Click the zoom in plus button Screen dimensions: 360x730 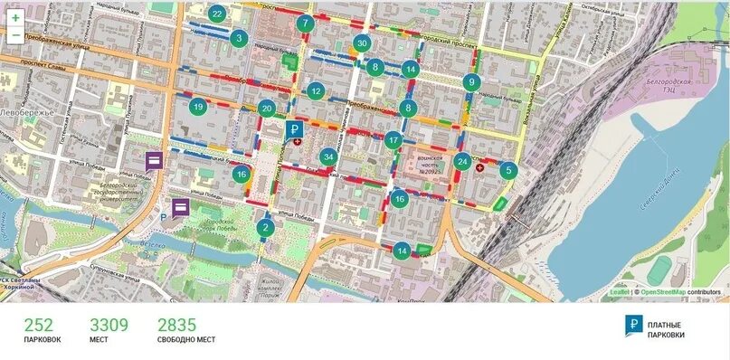[x=15, y=17]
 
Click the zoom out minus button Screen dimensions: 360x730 [x=15, y=35]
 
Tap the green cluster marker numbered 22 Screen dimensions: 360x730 [x=217, y=14]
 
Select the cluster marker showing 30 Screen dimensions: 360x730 [x=362, y=43]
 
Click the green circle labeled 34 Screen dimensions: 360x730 [x=328, y=156]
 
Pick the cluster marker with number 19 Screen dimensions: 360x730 [x=198, y=107]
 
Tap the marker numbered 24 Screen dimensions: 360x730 [x=462, y=163]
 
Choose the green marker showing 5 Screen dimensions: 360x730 [x=507, y=169]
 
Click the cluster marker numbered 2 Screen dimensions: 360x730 [x=265, y=227]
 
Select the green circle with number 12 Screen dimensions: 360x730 [x=315, y=90]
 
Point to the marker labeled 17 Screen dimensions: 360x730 [x=393, y=140]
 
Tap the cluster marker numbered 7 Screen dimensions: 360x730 [x=305, y=23]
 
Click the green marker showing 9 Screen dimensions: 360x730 [x=470, y=82]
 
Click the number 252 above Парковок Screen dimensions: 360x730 [x=42, y=325]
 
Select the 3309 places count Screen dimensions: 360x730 [x=109, y=325]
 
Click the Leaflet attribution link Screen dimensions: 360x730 [x=619, y=292]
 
